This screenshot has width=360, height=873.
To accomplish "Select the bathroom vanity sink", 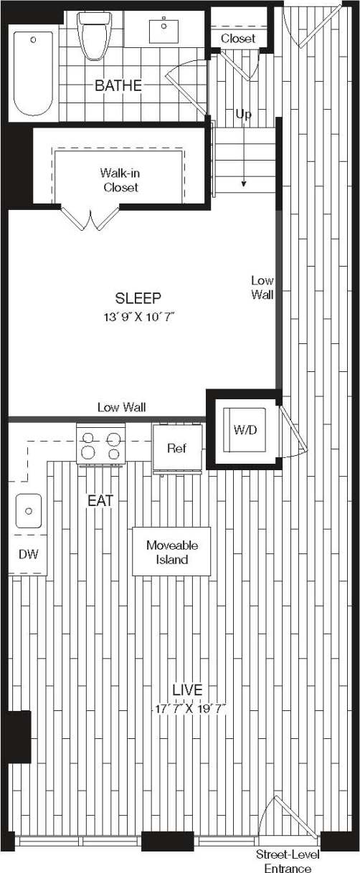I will click(166, 31).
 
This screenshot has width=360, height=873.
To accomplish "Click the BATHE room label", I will click(118, 86).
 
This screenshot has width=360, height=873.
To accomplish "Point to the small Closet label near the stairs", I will click(237, 39).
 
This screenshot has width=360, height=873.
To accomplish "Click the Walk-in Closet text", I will click(120, 180).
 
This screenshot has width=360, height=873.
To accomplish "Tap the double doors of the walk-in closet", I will click(89, 218).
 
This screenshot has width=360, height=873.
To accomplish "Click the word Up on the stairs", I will click(244, 115).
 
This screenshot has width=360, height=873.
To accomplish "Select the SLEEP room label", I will click(138, 298).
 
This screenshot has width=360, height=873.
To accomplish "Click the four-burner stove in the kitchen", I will click(100, 445).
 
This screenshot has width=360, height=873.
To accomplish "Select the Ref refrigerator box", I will click(176, 449).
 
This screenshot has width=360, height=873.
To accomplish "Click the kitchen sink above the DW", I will click(28, 510).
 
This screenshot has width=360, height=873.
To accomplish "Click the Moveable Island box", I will click(171, 552).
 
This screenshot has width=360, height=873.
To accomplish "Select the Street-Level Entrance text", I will click(288, 862).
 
